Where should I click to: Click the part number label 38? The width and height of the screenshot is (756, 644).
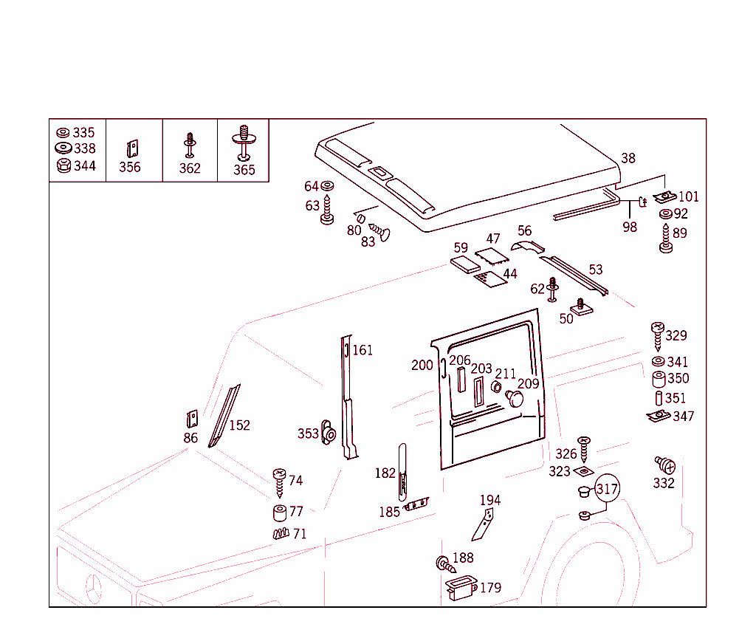pyautogui.click(x=628, y=158)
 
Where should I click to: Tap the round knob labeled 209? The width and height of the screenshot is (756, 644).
pyautogui.click(x=515, y=399)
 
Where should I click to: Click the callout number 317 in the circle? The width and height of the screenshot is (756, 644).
pyautogui.click(x=607, y=489)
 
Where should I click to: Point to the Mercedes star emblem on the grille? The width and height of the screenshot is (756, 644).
pyautogui.click(x=94, y=589)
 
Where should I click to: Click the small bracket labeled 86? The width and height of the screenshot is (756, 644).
pyautogui.click(x=192, y=419)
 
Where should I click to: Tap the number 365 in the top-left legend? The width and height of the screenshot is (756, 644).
pyautogui.click(x=244, y=170)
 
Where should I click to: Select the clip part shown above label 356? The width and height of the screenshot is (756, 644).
pyautogui.click(x=132, y=148)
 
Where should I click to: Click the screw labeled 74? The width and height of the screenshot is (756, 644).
pyautogui.click(x=279, y=482)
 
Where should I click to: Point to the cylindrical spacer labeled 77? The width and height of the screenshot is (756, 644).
pyautogui.click(x=280, y=512)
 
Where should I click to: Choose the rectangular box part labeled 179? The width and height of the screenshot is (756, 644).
pyautogui.click(x=460, y=588)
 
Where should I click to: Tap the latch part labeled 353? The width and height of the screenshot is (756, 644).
pyautogui.click(x=329, y=434)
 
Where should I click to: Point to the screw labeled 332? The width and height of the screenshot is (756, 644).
pyautogui.click(x=664, y=466)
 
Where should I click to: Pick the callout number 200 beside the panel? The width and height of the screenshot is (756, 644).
pyautogui.click(x=422, y=365)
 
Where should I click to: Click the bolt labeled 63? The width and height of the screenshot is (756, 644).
pyautogui.click(x=327, y=210)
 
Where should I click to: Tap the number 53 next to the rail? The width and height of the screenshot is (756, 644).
pyautogui.click(x=595, y=270)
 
